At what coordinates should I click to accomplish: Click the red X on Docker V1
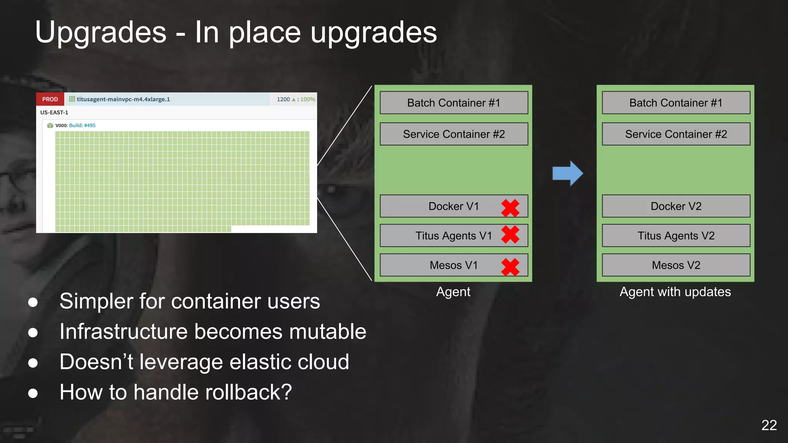click(x=510, y=208)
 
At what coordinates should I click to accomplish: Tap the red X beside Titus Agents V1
click(x=510, y=235)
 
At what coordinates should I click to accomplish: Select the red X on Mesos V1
click(x=510, y=266)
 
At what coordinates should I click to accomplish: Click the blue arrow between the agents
click(x=568, y=173)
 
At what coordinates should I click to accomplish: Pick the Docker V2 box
click(x=676, y=206)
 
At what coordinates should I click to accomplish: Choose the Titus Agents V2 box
click(x=676, y=235)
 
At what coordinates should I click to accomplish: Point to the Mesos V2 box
click(x=676, y=265)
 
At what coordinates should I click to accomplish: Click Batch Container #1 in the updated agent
click(x=676, y=103)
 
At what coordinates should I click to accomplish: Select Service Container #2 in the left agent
click(x=454, y=134)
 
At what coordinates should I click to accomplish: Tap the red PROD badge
click(x=50, y=99)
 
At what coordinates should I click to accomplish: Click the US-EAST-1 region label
click(x=54, y=112)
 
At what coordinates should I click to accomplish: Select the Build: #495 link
click(x=82, y=125)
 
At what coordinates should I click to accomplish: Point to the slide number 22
click(x=769, y=425)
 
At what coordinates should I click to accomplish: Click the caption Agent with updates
click(x=675, y=292)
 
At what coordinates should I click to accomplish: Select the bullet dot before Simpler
click(x=33, y=302)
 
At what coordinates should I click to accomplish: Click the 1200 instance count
click(x=283, y=99)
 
